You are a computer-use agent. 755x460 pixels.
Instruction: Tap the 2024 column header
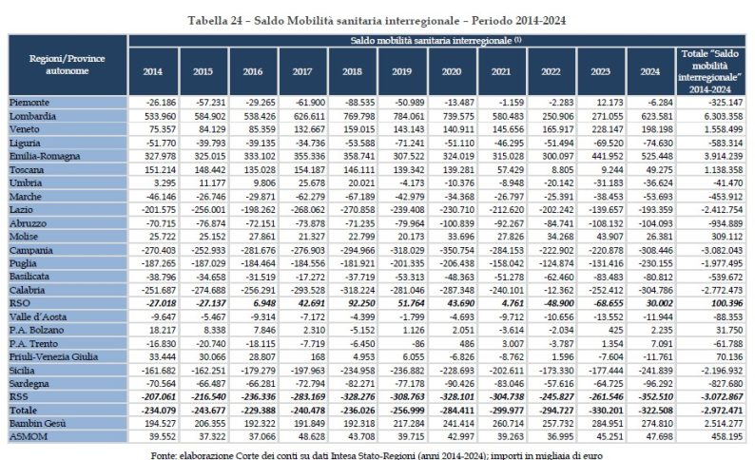pos(650,72)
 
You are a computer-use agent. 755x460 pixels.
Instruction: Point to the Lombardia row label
pos(34,114)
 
